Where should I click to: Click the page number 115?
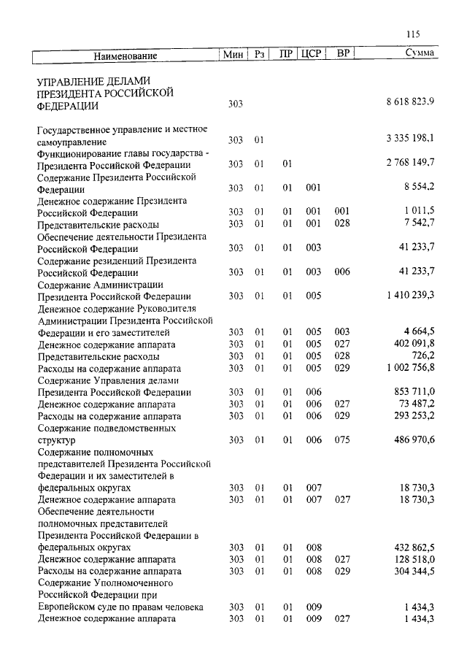(412, 34)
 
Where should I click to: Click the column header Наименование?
(126, 55)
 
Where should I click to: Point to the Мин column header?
(234, 55)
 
